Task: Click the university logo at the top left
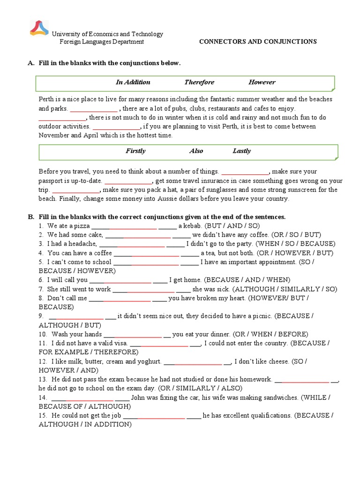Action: coord(39,28)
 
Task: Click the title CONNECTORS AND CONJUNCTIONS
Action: coord(258,42)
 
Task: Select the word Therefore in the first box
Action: coord(199,82)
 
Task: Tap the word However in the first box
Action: coord(262,82)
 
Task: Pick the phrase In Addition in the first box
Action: coord(133,82)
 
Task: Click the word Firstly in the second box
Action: coord(135,151)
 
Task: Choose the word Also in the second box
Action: coord(196,151)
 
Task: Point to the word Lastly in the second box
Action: coord(242,151)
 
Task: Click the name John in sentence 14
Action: coord(139,397)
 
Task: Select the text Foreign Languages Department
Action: coord(101,42)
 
